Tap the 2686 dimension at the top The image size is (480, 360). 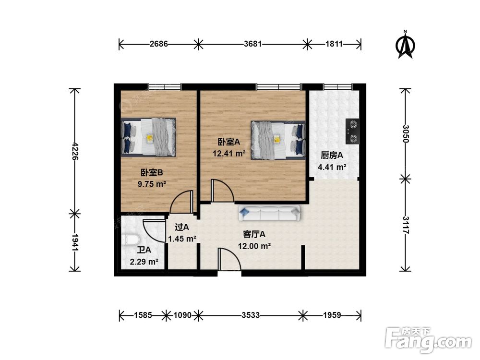(158, 44)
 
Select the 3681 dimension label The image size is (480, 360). (253, 44)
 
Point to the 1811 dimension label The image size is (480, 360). (334, 44)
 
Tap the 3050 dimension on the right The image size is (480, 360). (405, 134)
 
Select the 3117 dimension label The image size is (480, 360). (405, 225)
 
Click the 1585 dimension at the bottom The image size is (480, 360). (143, 315)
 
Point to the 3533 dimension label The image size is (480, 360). (251, 315)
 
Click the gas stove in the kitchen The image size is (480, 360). (352, 132)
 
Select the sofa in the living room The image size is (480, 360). (269, 213)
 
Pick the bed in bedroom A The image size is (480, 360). (278, 140)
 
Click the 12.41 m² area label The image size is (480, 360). (229, 154)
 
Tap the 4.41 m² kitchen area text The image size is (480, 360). (332, 167)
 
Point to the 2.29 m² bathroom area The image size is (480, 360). (144, 262)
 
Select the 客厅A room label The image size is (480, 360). (254, 235)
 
